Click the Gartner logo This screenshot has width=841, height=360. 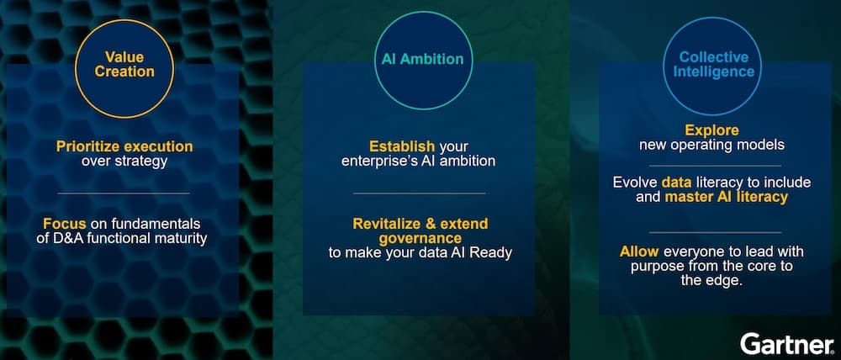[x=787, y=343]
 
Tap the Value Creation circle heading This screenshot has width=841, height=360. [x=124, y=65]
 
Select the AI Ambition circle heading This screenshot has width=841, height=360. [x=423, y=59]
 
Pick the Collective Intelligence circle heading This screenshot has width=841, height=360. [x=713, y=65]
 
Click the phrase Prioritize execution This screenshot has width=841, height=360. [x=124, y=146]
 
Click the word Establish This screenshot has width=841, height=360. [x=402, y=146]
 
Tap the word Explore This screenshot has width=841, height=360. [x=711, y=130]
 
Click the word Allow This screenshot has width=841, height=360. [x=639, y=251]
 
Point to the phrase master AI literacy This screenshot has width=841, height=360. [x=727, y=197]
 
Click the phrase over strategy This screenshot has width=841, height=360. [x=124, y=161]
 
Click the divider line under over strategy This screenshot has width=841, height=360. [x=124, y=193]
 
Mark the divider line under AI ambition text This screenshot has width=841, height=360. [x=420, y=193]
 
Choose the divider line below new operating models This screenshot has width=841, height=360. [x=715, y=166]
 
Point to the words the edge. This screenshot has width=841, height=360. [x=711, y=281]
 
